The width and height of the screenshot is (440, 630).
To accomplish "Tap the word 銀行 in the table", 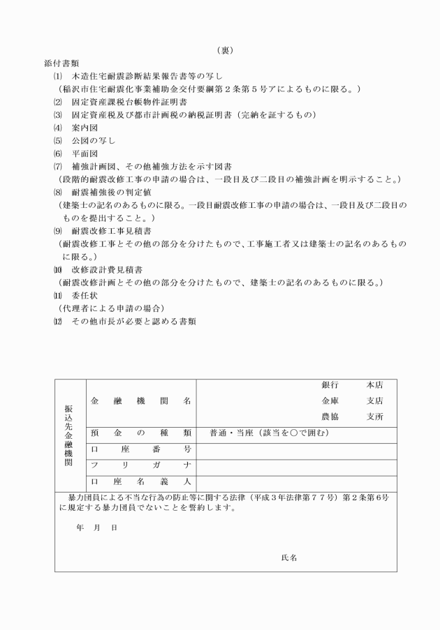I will click(330, 385).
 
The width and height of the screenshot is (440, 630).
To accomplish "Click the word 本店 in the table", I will click(375, 385).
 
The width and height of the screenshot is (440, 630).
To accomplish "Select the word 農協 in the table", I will click(330, 416).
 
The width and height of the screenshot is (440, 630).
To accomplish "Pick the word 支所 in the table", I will click(375, 416).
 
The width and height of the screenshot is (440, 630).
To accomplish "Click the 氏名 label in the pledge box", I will click(290, 557).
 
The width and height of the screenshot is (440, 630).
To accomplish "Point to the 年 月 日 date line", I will click(97, 527).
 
